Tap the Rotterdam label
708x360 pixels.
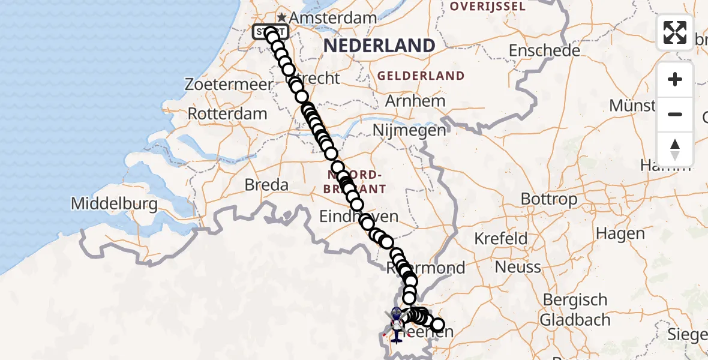pos(227,113)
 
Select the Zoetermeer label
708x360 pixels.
pos(229,85)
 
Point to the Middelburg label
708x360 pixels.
pos(114,204)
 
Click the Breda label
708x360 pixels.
pos(266,185)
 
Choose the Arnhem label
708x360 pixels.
pos(415,100)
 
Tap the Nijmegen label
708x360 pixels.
pos(409,130)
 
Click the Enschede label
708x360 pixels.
pos(544,50)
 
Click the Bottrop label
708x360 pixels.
pos(549,199)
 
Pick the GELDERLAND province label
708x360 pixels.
pos(421,76)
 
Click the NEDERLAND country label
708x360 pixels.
pos(379,46)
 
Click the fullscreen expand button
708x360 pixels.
pos(675,32)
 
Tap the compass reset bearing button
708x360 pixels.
pos(675,149)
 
